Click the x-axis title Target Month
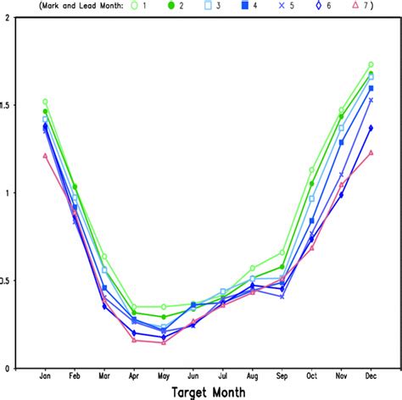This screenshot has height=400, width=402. tap(209, 392)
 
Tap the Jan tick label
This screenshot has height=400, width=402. tap(45, 375)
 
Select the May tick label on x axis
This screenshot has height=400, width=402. tap(164, 375)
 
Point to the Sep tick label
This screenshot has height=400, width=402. tap(282, 375)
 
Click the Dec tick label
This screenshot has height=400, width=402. tap(371, 375)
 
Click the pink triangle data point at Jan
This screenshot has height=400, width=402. tap(45, 156)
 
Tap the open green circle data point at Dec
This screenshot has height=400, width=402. tap(371, 64)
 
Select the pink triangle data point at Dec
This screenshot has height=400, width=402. tap(371, 153)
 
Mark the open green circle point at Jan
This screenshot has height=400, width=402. tap(45, 102)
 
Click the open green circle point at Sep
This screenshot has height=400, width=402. tap(282, 253)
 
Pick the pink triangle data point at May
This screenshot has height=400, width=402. tap(164, 342)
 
